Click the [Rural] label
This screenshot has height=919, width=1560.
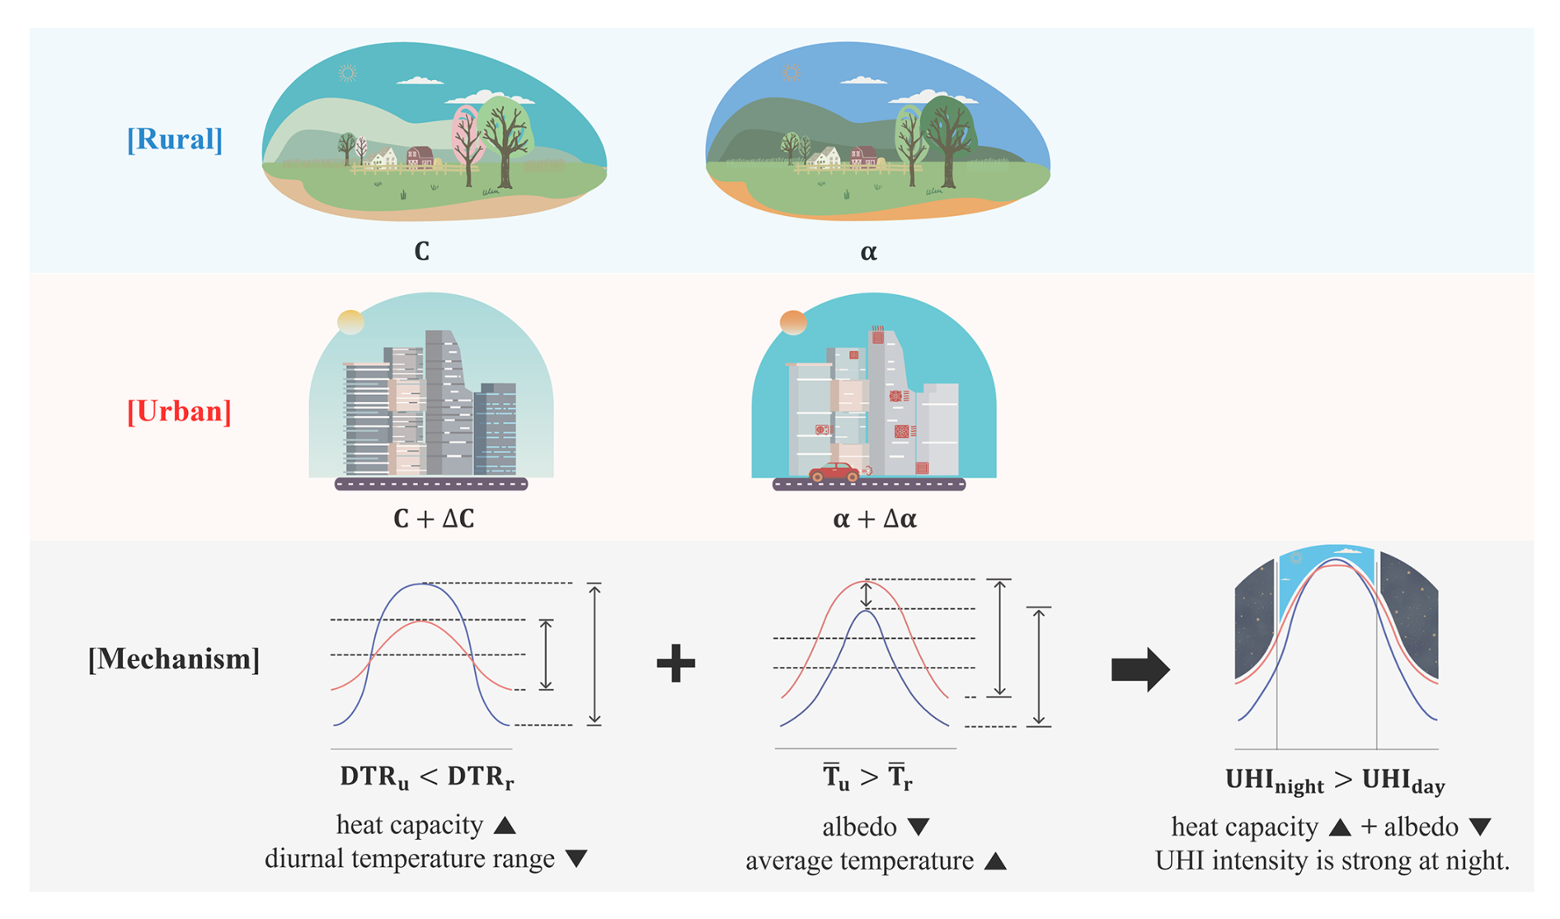[x=175, y=139]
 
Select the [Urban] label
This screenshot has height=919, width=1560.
[x=179, y=410]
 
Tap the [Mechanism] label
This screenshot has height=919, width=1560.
[x=174, y=659]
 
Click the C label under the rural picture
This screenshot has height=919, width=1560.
[x=421, y=251]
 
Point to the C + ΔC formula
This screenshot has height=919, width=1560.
[x=434, y=518]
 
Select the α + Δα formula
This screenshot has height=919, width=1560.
[x=875, y=518]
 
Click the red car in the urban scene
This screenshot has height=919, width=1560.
[x=835, y=472]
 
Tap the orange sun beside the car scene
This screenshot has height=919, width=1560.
[x=793, y=322]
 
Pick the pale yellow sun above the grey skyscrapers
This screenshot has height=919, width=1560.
[x=350, y=321]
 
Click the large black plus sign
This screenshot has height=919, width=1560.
[x=676, y=663]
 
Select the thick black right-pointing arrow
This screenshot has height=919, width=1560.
[x=1140, y=668]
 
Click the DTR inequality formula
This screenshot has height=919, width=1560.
[x=426, y=777]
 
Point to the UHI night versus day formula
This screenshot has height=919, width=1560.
[x=1335, y=781]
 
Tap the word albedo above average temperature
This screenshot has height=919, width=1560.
[x=859, y=826]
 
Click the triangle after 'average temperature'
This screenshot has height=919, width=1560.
[x=996, y=861]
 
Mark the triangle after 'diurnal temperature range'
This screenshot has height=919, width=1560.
[x=576, y=859]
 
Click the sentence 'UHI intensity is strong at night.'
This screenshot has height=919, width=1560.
[x=1332, y=860]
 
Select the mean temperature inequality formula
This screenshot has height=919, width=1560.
[x=867, y=777]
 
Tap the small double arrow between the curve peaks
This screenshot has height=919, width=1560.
[x=866, y=594]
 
